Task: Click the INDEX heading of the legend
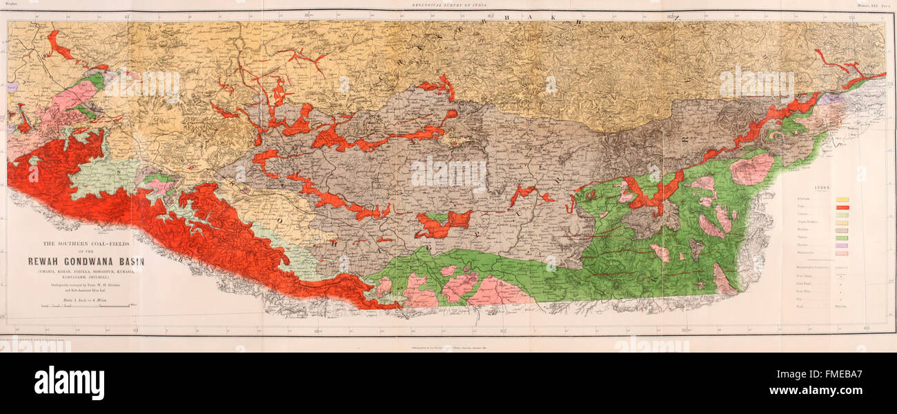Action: tap(841, 186)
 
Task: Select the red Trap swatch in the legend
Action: tap(842, 207)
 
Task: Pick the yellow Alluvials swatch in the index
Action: tap(842, 199)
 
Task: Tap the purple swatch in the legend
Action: tap(842, 245)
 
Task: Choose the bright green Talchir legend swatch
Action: tap(842, 237)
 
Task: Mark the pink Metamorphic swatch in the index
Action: tap(842, 253)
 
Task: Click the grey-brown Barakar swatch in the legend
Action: tap(842, 230)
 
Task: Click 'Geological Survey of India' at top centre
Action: tap(448, 3)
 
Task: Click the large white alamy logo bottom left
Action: tap(69, 383)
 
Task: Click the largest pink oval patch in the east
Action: tap(751, 169)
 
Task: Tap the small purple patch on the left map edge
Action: tap(12, 88)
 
